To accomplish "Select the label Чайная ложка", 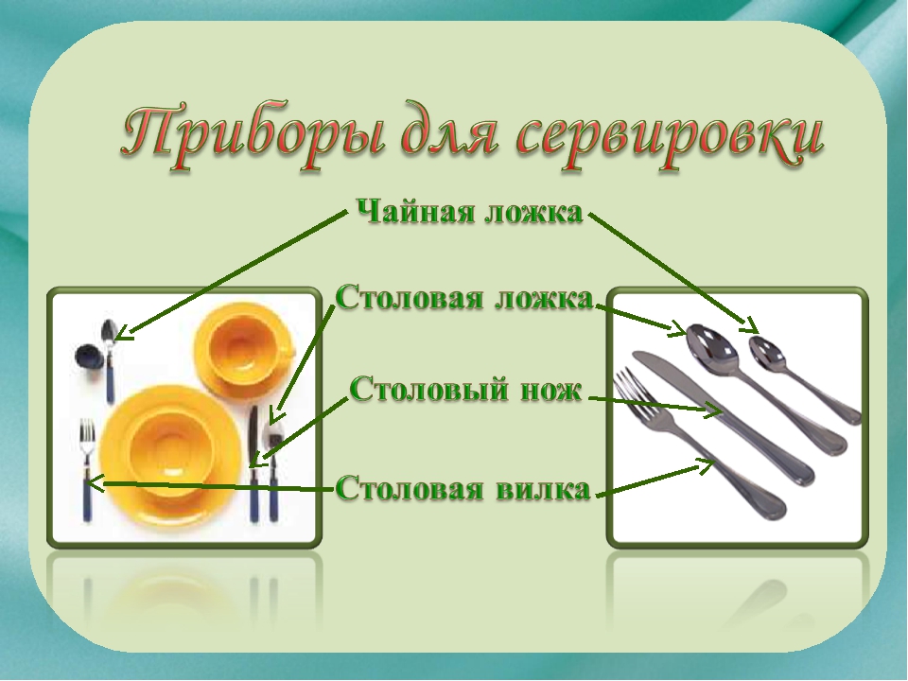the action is (469, 212).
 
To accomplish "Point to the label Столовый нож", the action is (466, 389).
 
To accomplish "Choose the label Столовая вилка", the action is (463, 488).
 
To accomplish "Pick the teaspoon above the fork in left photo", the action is (108, 360).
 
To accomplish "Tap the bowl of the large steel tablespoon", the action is (710, 347).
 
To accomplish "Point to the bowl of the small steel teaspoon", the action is (768, 352).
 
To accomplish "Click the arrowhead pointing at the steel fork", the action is (707, 464).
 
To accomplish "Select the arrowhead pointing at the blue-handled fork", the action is (94, 483).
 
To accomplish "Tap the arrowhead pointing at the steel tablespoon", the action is (677, 329).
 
